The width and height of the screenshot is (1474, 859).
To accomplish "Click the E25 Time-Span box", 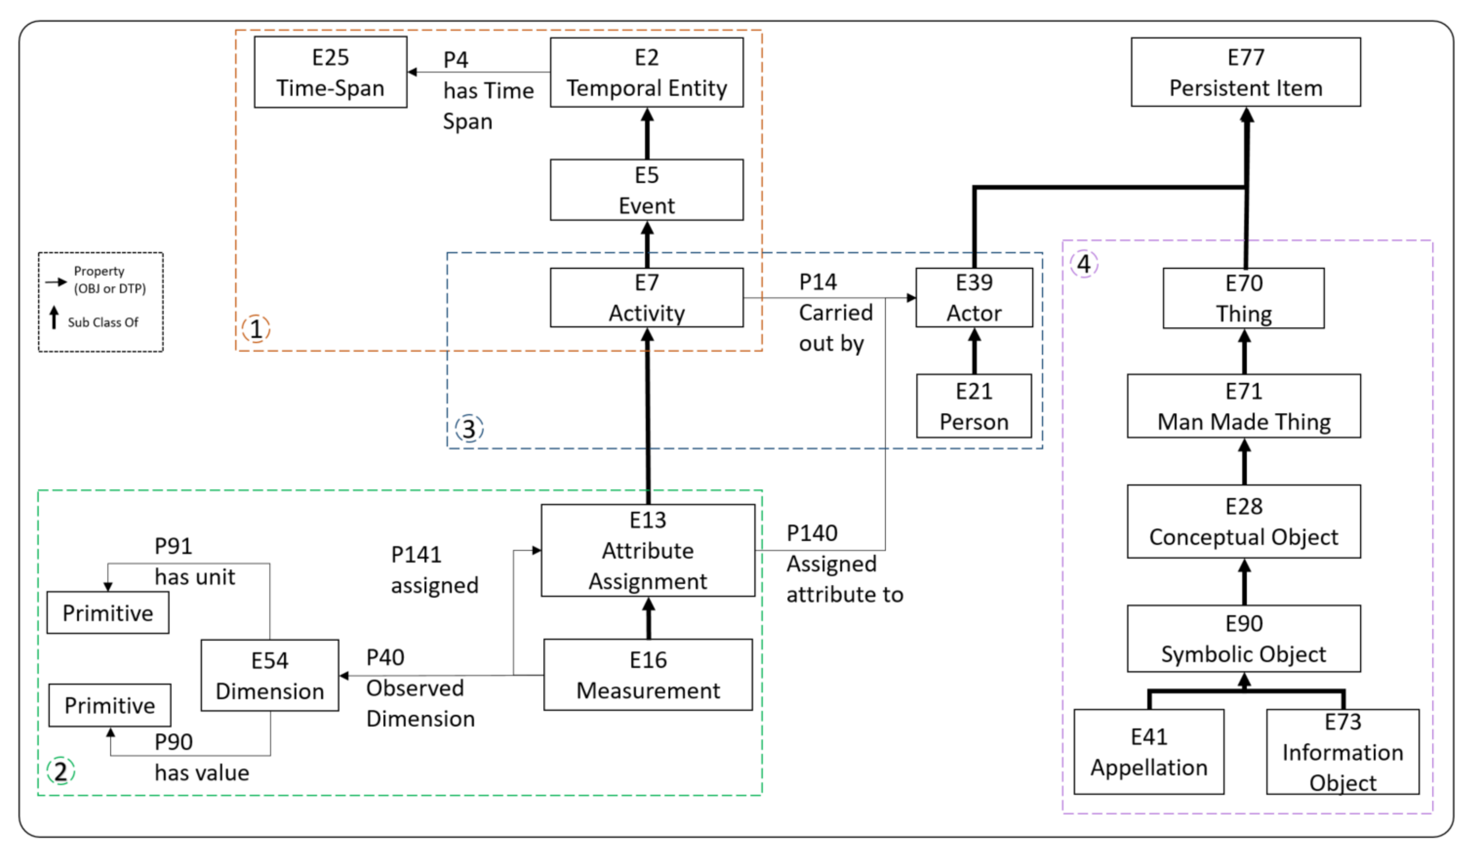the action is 330,72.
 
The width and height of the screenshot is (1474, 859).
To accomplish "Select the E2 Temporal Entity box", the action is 647,73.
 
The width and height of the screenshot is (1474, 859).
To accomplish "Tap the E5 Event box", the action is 647,190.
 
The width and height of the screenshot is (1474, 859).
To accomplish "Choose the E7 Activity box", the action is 647,298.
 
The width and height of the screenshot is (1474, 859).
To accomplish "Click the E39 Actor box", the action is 974,298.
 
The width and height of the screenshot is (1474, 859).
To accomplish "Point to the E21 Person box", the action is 974,406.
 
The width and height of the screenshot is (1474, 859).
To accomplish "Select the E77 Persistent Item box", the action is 1246,72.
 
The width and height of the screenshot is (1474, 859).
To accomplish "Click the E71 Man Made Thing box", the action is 1244,406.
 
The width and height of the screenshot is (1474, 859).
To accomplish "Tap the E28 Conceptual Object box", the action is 1244,522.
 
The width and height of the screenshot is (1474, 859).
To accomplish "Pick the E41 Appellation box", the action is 1149,752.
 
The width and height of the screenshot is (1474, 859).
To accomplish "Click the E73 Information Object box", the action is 1343,752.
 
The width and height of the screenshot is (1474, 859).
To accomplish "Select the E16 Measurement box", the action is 648,674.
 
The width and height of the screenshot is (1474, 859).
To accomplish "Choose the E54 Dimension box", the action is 269,675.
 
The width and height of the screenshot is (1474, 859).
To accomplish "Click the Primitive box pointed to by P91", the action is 108,613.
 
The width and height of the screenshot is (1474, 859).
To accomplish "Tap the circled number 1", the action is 256,329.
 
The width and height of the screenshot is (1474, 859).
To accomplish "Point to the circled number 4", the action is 1084,264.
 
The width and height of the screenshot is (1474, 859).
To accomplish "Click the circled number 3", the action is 469,429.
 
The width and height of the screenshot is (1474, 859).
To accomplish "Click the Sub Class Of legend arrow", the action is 54,318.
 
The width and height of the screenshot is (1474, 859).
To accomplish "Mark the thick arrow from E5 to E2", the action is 647,134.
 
